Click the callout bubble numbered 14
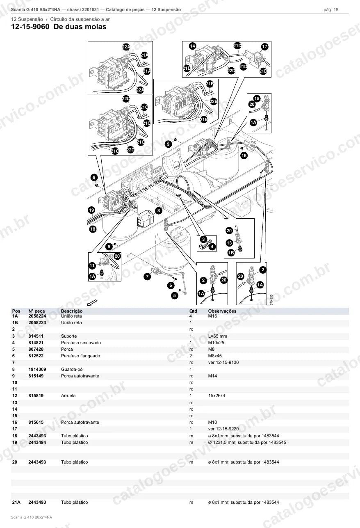(192, 46)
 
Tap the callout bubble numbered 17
(264, 46)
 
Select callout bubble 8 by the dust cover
(159, 210)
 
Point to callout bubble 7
(147, 276)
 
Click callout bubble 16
(244, 155)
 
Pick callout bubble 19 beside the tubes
(91, 210)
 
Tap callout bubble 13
(229, 243)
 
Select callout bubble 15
(257, 98)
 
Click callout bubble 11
(92, 266)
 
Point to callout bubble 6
(171, 286)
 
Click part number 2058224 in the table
(37, 316)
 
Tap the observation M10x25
(216, 343)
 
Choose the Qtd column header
(193, 311)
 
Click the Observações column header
(222, 311)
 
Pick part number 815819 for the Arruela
(36, 395)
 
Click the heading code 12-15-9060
(30, 27)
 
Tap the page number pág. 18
(331, 10)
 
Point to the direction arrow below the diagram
(92, 302)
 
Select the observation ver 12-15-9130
(223, 362)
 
